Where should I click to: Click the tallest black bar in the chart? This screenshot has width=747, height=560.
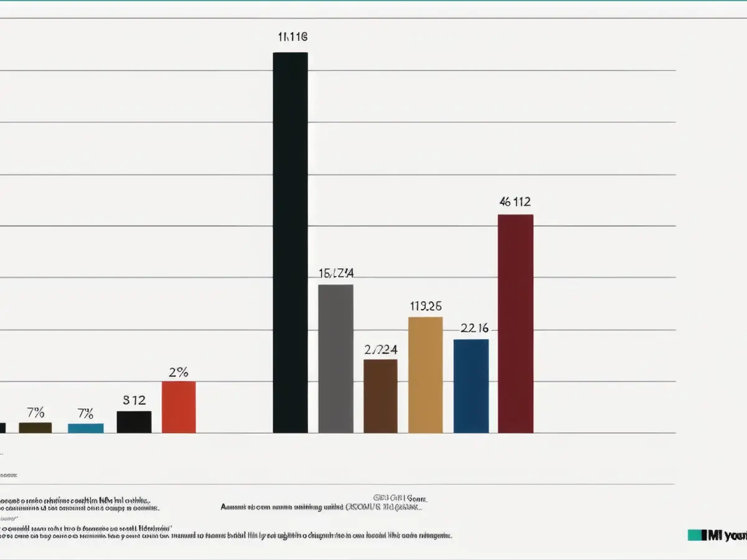290,243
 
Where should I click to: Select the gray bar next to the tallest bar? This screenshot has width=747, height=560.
336,358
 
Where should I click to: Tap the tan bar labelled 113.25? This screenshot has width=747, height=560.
425,375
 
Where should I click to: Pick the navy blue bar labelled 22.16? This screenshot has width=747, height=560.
471,386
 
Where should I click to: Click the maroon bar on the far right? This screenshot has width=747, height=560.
515,324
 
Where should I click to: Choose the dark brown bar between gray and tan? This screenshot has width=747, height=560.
380,396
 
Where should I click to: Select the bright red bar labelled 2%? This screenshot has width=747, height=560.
179,407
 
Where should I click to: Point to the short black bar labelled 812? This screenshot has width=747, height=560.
134,422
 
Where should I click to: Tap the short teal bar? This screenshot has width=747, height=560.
86,428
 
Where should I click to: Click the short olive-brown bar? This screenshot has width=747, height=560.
35,427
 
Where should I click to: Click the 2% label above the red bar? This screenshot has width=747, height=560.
179,373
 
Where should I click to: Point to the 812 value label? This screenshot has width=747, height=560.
134,400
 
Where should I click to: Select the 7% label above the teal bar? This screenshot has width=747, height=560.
86,413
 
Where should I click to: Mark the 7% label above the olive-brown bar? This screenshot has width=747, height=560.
35,412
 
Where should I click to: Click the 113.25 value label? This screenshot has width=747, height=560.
426,306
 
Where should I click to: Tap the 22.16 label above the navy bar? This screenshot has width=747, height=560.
474,329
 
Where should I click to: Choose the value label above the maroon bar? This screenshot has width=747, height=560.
515,202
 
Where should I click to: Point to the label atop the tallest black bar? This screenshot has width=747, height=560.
292,37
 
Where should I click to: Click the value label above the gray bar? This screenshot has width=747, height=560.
336,273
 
